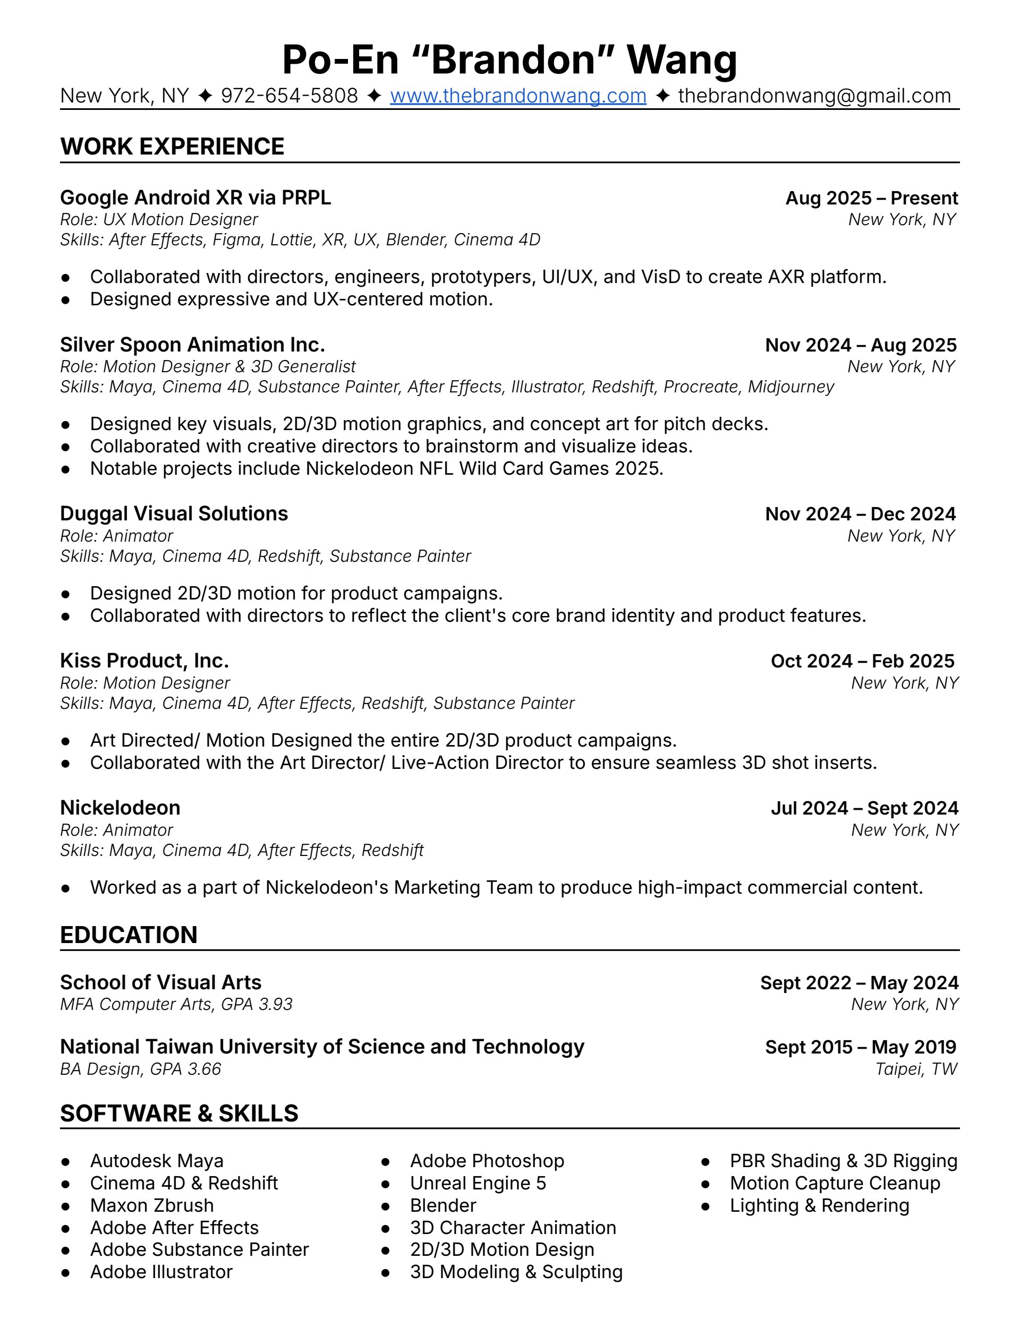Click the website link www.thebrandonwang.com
518,96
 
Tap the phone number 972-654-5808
289,96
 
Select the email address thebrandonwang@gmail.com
814,96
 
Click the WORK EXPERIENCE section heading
172,146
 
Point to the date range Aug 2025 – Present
871,198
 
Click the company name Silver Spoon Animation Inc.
192,344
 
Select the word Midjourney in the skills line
790,387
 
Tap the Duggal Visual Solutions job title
174,513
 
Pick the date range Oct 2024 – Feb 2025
862,661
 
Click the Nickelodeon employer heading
120,808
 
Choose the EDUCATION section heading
129,935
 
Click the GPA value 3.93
275,1004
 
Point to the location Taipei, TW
916,1069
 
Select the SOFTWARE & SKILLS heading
179,1113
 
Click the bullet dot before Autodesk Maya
66,1161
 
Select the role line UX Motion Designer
180,219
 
